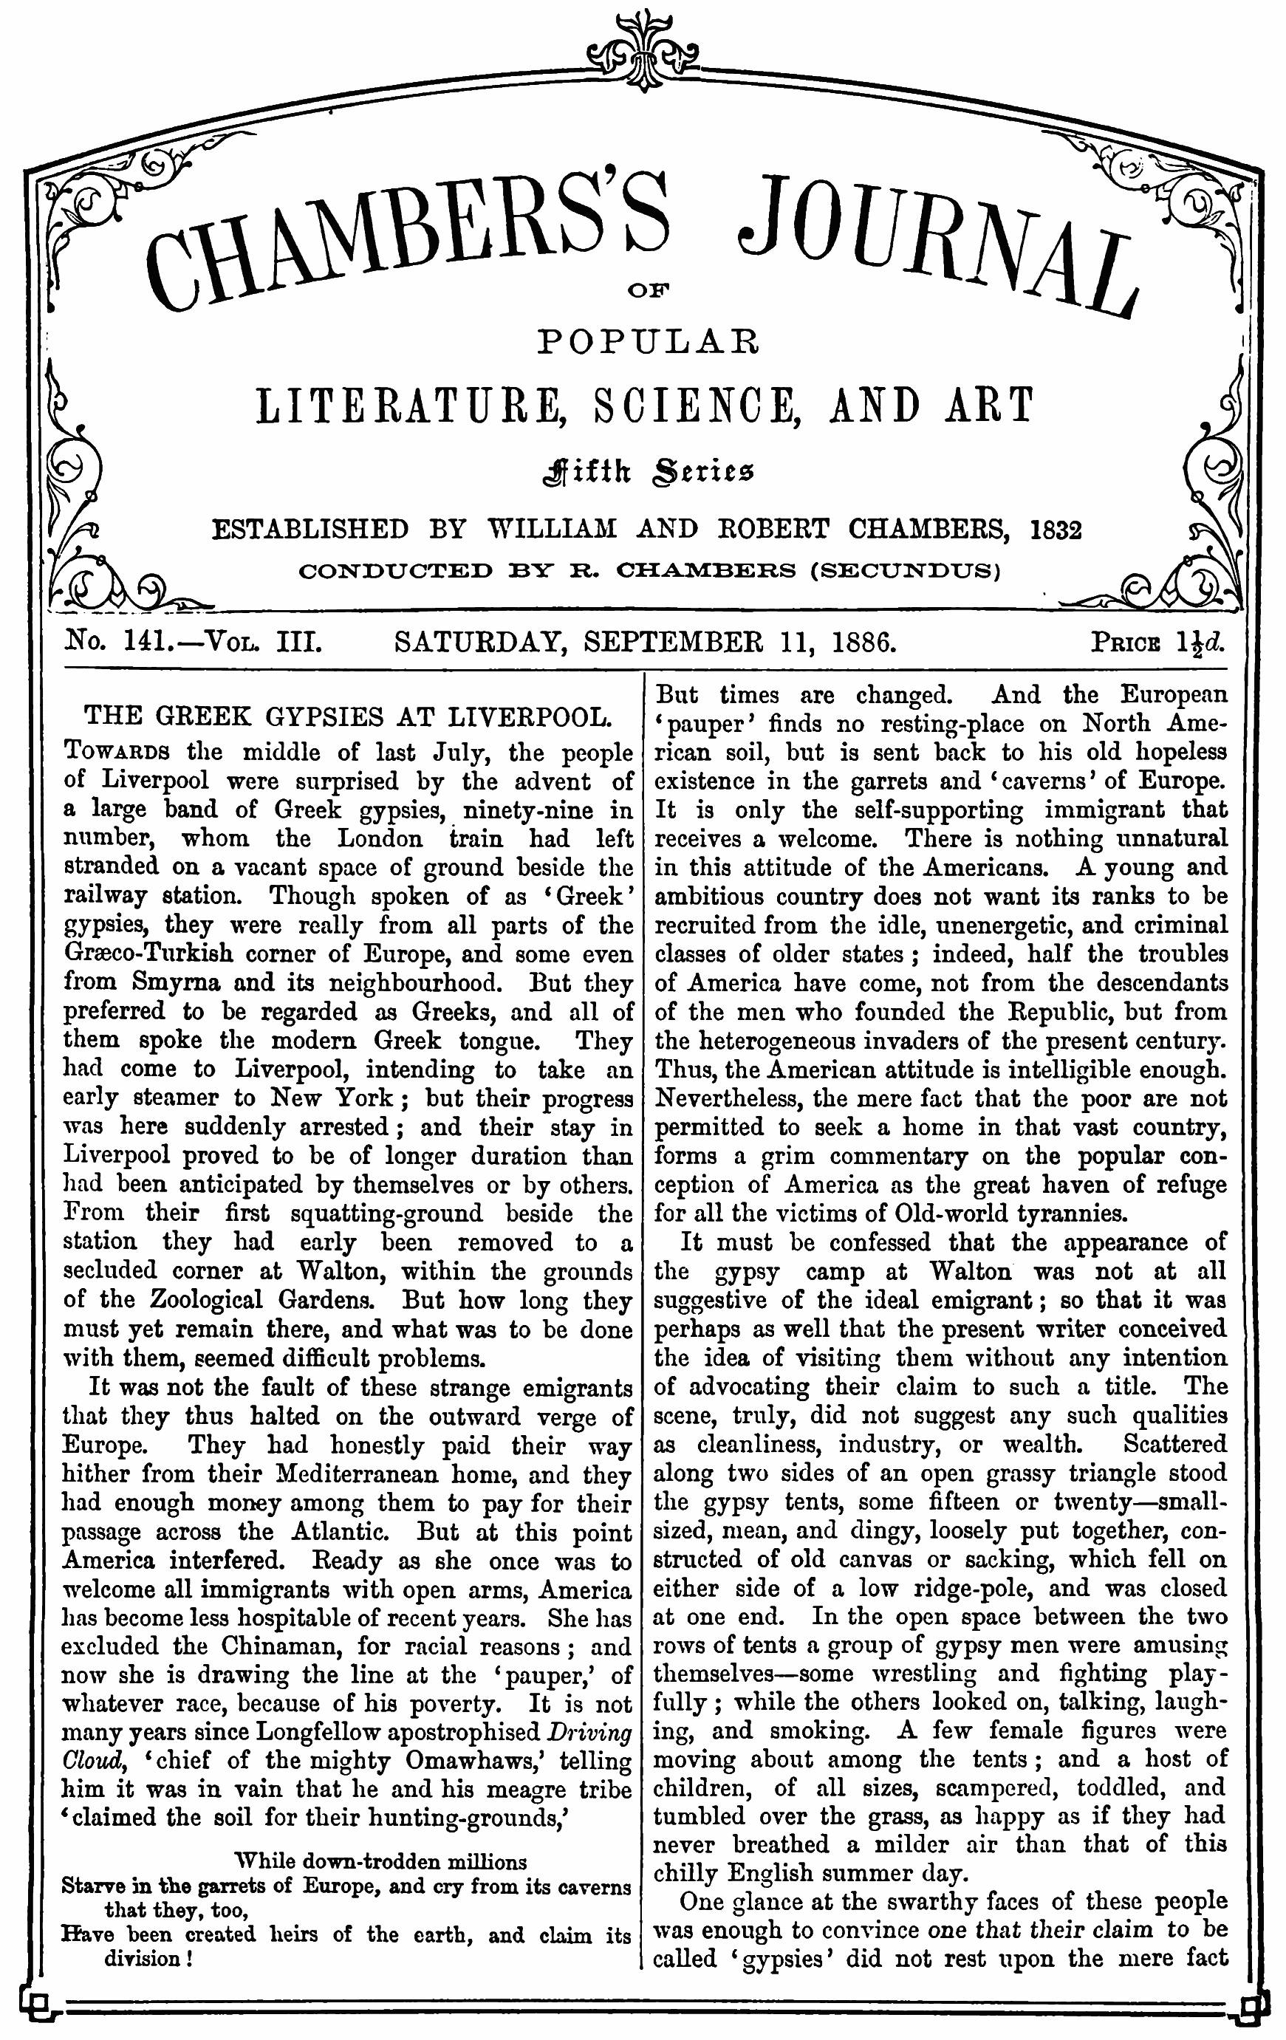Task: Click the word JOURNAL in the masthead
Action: coord(936,246)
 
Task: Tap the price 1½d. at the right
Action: coord(1200,642)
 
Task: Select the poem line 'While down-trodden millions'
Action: coord(380,1861)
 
